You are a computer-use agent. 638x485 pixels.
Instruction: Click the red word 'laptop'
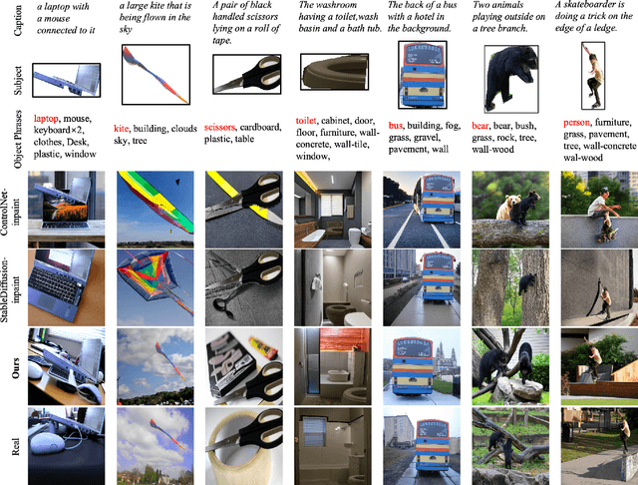[46, 119]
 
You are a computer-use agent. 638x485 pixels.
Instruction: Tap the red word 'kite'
[121, 129]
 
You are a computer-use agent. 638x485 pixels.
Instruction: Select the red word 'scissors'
[219, 127]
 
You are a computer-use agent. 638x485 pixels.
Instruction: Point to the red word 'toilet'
[306, 121]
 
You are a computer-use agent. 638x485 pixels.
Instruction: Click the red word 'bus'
[396, 126]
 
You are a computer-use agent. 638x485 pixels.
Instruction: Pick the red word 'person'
[576, 122]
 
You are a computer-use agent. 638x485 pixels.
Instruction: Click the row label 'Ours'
[16, 368]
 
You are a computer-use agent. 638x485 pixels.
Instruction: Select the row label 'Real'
[16, 446]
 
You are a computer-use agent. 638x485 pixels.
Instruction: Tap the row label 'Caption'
[18, 20]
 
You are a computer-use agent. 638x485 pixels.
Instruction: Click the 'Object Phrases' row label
[18, 140]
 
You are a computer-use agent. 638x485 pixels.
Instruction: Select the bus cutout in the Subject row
[423, 76]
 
